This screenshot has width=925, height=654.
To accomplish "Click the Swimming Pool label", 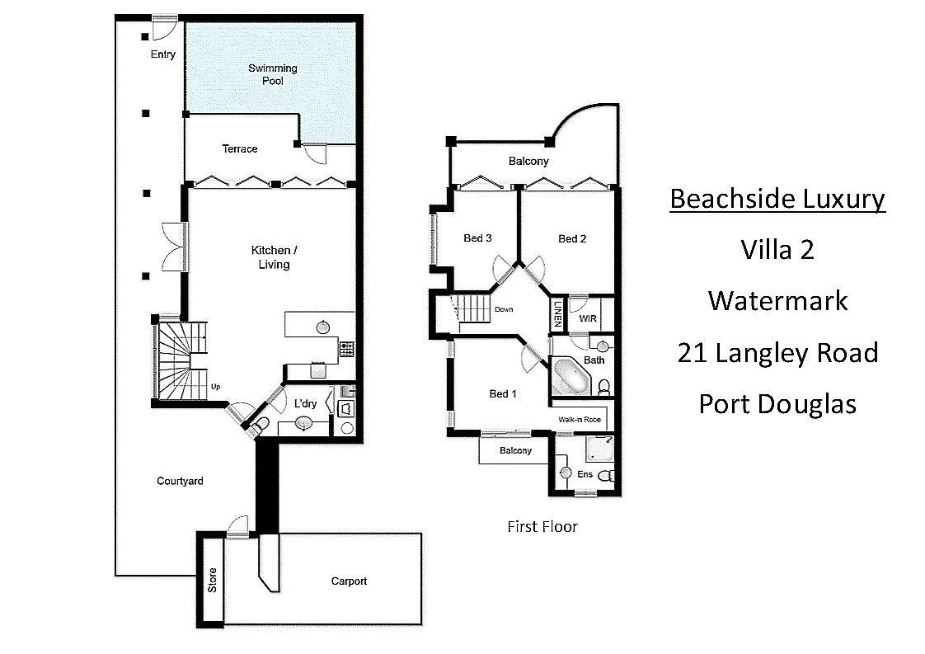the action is pos(273,74).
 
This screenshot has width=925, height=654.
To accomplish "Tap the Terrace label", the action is pos(240,148).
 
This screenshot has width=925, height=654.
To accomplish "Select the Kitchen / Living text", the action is pos(275,257).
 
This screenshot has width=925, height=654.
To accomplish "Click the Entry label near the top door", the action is pos(162,54).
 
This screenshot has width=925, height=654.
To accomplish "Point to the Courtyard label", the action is pos(180,481).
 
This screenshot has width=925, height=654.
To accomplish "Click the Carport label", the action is pos(349,581).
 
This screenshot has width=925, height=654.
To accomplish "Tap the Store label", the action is pos(213,581).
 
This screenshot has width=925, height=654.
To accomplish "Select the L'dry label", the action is pos(306,404).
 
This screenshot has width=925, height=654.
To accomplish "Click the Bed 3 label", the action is pos(478,238).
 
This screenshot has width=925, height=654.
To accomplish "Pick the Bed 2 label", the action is pos(572,239).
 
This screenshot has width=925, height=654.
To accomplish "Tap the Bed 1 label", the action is pos(503,393).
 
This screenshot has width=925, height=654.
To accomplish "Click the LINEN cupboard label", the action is pos(557,313).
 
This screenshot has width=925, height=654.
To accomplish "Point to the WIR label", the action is pos(588,318).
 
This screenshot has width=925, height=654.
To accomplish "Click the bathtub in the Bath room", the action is pos(571,376).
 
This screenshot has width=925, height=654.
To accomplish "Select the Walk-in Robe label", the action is pos(580,420).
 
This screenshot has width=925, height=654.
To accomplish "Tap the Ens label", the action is pos(585,474).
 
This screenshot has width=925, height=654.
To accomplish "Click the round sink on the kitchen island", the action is pos(322,327).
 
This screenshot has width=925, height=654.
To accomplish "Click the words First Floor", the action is pos(542,526).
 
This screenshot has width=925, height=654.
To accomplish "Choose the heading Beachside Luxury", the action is pos(777,200).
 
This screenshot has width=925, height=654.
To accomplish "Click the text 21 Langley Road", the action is pos(777,354).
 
